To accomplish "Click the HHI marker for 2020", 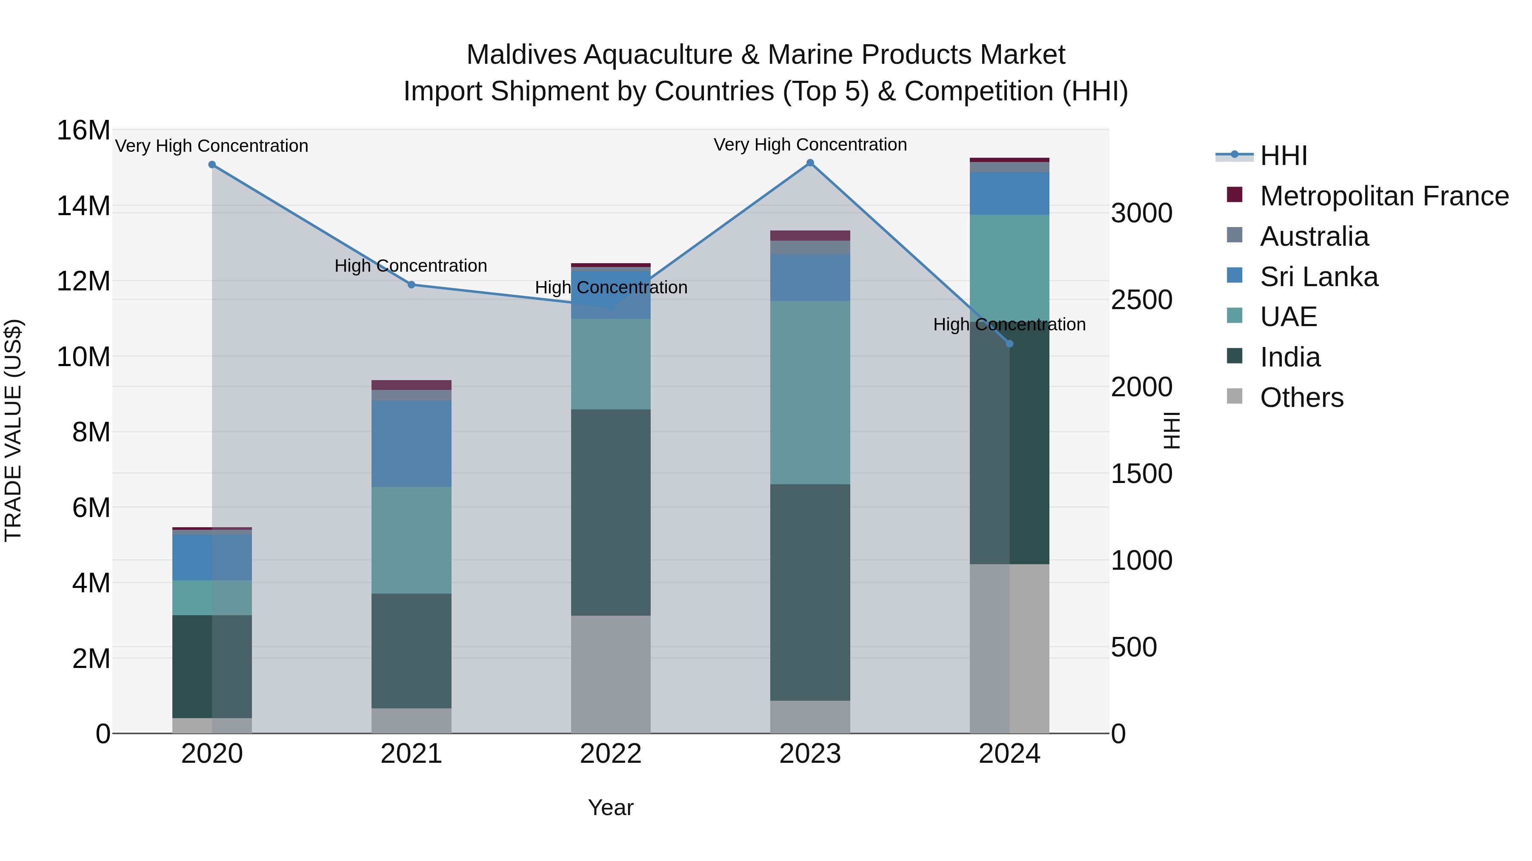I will (212, 165).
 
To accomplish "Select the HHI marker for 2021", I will (411, 284).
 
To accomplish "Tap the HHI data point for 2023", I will (810, 162).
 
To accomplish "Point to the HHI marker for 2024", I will (1009, 344).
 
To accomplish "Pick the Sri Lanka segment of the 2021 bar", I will (411, 443).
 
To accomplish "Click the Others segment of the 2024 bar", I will (1009, 648).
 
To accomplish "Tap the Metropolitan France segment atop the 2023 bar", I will (810, 235).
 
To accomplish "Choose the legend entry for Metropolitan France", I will (1383, 196).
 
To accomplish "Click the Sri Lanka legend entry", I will (1318, 277).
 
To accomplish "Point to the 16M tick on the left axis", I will (83, 130).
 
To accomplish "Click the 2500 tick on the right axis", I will (1141, 300).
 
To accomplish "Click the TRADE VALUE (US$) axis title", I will (13, 431).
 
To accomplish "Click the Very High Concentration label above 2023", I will (810, 145).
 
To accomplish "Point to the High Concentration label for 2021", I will (411, 266).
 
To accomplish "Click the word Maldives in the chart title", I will (521, 55).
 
